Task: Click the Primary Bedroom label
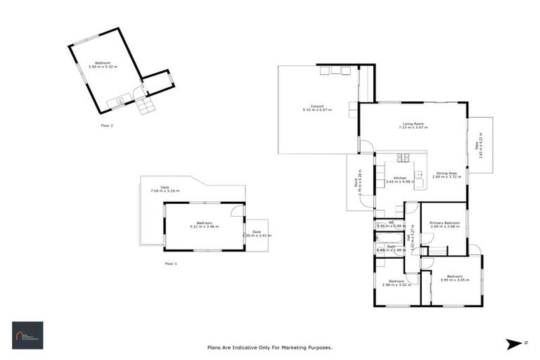click(x=444, y=224)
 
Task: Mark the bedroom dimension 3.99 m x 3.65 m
click(x=454, y=280)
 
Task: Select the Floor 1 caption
click(x=171, y=263)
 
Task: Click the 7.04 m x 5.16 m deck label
click(x=165, y=189)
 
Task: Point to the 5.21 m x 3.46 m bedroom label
click(x=204, y=225)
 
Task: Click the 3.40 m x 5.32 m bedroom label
click(x=103, y=65)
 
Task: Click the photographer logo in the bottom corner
click(x=27, y=335)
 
